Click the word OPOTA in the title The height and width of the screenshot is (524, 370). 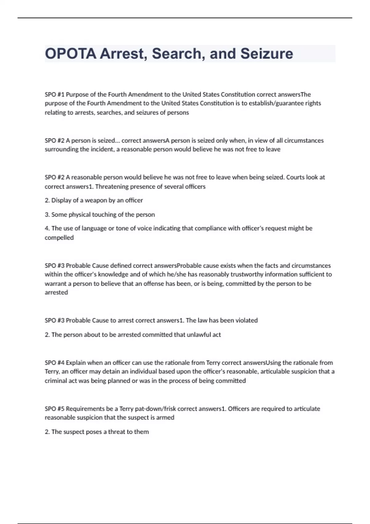(71, 54)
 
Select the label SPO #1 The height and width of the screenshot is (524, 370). (55, 94)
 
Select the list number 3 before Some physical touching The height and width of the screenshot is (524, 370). (47, 215)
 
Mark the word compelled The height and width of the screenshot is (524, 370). (59, 238)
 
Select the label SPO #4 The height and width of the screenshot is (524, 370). (55, 363)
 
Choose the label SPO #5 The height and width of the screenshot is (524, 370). (55, 409)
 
